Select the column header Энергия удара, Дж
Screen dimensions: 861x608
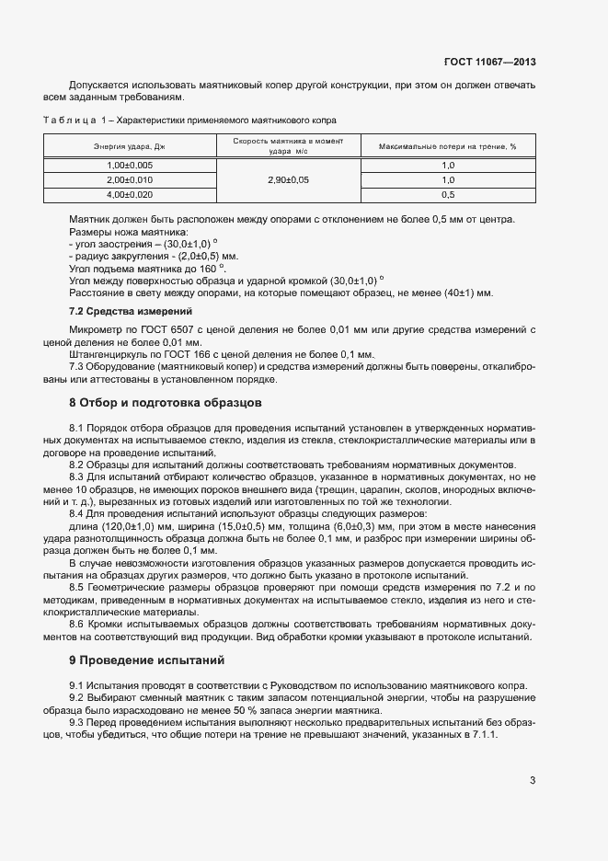click(129, 146)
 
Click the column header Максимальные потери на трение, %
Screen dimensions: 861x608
click(448, 146)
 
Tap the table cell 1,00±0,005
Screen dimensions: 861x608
click(129, 165)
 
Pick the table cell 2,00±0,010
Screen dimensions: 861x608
click(129, 180)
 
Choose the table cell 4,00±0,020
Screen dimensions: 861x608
click(129, 195)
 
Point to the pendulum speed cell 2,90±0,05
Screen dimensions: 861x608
click(287, 180)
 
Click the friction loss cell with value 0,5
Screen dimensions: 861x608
click(448, 195)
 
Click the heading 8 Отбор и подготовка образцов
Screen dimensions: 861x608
click(166, 402)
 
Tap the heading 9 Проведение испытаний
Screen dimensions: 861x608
click(146, 660)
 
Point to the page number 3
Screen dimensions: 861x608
click(533, 781)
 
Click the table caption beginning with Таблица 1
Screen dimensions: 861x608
click(189, 121)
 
